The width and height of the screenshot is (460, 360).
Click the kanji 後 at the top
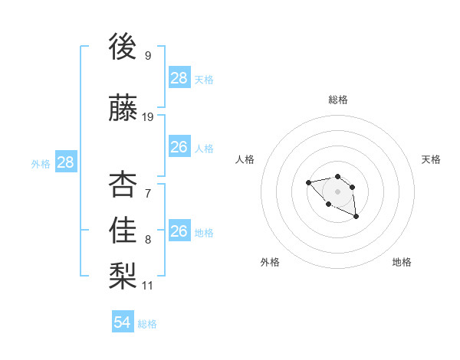click(x=123, y=47)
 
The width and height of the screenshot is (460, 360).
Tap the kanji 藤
click(x=123, y=109)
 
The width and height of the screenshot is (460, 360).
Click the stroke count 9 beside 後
click(x=147, y=56)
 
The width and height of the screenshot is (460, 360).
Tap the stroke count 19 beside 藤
click(x=148, y=117)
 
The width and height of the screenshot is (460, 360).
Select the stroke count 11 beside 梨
click(x=148, y=286)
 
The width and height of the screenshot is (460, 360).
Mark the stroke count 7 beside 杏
click(x=147, y=194)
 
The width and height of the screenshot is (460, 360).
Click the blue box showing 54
click(x=123, y=322)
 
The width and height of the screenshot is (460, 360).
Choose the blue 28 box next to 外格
click(x=65, y=162)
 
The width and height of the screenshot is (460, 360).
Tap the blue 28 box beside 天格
click(x=179, y=78)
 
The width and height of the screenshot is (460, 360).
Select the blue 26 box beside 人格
click(x=179, y=147)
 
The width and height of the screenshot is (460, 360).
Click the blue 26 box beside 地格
click(x=179, y=231)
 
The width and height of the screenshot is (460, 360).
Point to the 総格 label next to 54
click(x=147, y=324)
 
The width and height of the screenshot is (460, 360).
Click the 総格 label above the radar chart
click(x=338, y=100)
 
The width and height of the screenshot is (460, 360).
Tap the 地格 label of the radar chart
click(x=402, y=262)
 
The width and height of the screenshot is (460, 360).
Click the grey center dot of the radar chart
click(x=337, y=191)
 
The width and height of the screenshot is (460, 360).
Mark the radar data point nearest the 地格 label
click(x=356, y=218)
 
